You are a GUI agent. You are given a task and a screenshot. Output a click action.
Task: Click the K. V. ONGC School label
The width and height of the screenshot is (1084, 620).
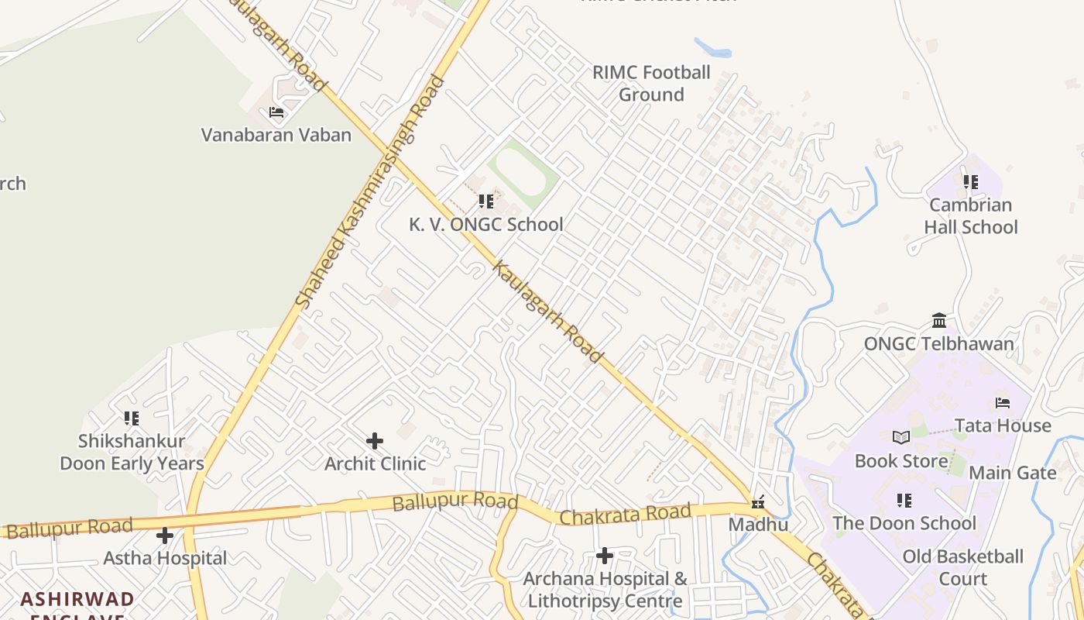(486, 225)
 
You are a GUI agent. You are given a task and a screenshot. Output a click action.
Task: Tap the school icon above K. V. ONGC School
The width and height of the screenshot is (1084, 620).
(486, 201)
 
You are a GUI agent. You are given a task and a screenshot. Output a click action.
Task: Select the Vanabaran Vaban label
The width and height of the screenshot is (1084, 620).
(276, 135)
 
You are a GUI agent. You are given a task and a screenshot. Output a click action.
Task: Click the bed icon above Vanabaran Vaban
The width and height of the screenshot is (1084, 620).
(276, 113)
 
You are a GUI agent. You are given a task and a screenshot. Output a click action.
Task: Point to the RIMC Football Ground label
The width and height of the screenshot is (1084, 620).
(651, 84)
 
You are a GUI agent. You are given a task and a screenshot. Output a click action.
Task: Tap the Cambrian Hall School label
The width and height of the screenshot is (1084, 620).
(971, 216)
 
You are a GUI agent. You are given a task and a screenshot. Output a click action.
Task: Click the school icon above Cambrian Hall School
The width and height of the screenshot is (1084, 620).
(971, 182)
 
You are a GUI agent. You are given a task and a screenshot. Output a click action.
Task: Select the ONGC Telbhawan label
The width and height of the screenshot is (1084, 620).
(939, 344)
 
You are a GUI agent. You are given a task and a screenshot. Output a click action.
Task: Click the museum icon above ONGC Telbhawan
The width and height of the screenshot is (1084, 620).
(939, 321)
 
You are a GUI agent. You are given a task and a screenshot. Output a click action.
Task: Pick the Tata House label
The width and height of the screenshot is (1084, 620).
(1003, 425)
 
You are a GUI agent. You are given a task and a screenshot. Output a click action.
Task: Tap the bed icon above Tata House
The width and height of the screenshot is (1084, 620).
(1003, 403)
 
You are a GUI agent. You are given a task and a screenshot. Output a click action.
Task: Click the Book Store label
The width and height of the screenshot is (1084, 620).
(901, 461)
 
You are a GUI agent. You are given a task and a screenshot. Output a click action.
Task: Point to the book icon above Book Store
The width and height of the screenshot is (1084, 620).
(901, 438)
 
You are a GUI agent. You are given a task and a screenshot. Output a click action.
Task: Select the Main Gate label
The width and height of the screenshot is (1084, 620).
(1013, 473)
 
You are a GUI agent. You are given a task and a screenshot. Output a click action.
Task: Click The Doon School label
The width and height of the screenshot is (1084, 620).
(904, 523)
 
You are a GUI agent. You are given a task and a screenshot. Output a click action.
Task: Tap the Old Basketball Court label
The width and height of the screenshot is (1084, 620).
(963, 567)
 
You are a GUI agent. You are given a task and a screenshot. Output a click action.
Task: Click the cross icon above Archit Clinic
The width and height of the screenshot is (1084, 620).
(375, 441)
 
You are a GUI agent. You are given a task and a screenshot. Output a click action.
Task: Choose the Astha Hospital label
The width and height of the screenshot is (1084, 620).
(166, 558)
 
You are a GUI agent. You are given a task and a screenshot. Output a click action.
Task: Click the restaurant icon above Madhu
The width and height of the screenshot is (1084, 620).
(758, 502)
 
